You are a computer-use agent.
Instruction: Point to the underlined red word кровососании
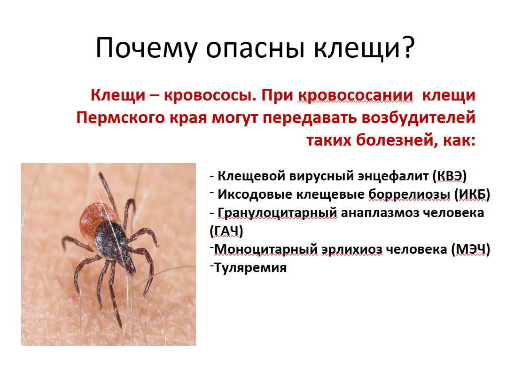(x=355, y=95)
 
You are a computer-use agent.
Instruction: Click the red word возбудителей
(x=418, y=117)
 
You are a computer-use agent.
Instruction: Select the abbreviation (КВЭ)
(x=450, y=176)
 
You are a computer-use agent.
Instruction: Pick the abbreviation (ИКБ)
(x=472, y=194)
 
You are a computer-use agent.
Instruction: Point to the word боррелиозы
(x=409, y=194)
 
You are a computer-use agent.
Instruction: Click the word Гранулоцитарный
(x=277, y=213)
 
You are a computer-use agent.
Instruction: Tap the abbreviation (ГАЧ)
(x=226, y=231)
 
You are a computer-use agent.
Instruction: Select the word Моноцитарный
(x=266, y=249)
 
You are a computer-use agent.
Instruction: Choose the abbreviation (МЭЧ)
(x=471, y=249)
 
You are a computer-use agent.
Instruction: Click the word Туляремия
(x=250, y=268)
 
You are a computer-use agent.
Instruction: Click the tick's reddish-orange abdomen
(x=95, y=218)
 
